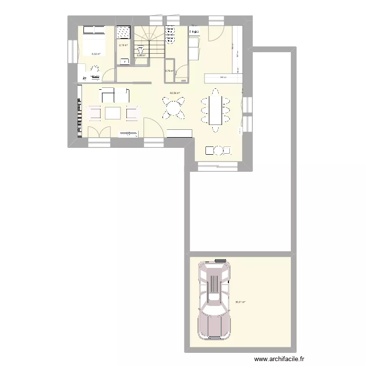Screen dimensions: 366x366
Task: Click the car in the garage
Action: coord(213,301)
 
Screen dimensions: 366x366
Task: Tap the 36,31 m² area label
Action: coord(240,302)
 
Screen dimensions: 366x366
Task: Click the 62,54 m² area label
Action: coord(175,93)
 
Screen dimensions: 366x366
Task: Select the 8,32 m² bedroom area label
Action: coord(96,54)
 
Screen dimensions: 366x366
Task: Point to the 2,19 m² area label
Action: coord(123,46)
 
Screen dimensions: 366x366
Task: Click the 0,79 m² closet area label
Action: coord(169,71)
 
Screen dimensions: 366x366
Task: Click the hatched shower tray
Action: coord(123,31)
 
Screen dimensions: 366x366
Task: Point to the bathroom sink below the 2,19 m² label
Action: coord(124,61)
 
